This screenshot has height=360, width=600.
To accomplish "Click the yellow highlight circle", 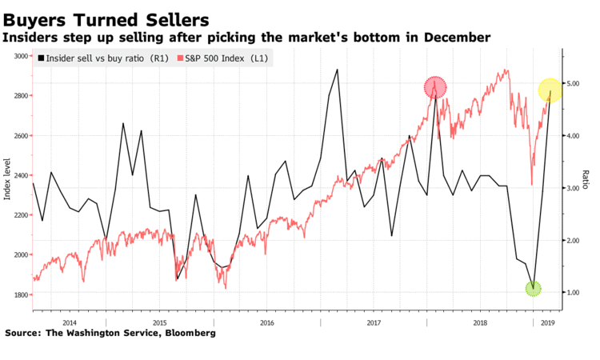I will tap(550, 90).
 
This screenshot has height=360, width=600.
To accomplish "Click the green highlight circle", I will tap(534, 288).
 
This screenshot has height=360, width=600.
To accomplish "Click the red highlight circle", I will tap(435, 87).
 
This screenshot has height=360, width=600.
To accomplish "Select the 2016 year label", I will tap(268, 322).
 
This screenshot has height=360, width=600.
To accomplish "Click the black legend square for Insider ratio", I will tap(41, 58).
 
